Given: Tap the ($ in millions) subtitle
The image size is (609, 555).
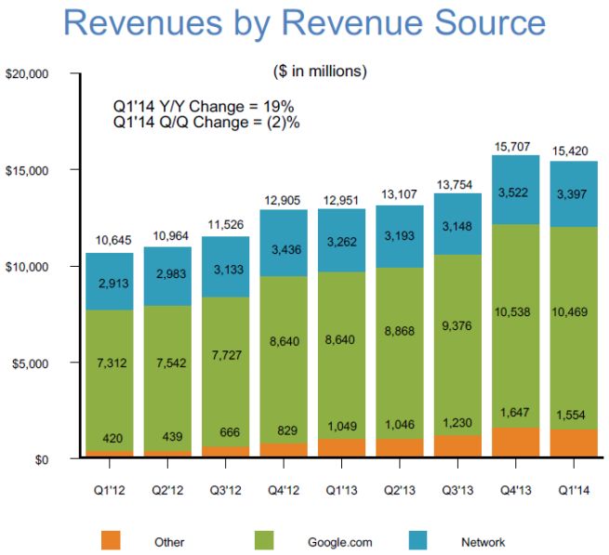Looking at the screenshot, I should (320, 71).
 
